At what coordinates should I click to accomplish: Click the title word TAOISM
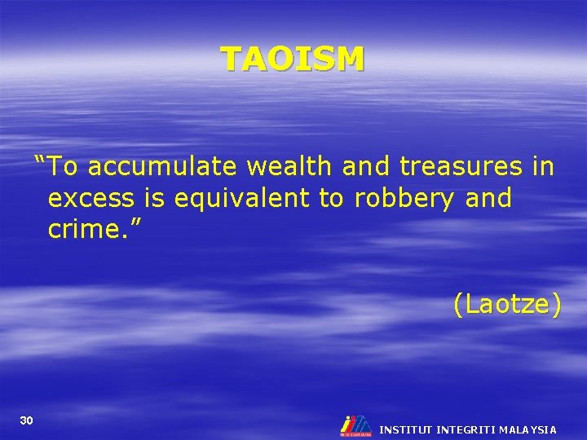[293, 59]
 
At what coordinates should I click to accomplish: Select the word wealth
[289, 167]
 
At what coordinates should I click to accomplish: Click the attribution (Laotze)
[507, 305]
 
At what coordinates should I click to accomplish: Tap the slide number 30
[26, 420]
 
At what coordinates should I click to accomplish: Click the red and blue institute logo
[355, 425]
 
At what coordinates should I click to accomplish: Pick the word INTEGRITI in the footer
[467, 429]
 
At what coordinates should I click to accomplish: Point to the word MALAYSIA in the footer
[529, 429]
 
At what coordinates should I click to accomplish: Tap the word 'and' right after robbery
[485, 198]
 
